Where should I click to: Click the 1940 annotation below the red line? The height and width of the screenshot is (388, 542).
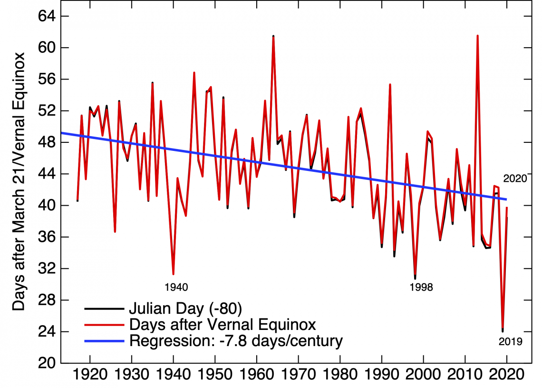pyautogui.click(x=176, y=287)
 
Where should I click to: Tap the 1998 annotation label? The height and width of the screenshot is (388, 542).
pyautogui.click(x=421, y=287)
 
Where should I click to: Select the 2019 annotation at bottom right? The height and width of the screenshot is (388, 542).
pyautogui.click(x=511, y=341)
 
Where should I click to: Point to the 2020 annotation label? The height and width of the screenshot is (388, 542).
pyautogui.click(x=515, y=179)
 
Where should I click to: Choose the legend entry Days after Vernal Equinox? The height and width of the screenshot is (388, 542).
pyautogui.click(x=222, y=325)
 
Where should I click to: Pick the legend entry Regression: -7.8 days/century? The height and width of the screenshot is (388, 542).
pyautogui.click(x=236, y=341)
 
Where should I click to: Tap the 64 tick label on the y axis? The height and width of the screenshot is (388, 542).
pyautogui.click(x=47, y=16)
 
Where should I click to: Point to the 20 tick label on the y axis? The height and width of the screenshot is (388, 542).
pyautogui.click(x=47, y=363)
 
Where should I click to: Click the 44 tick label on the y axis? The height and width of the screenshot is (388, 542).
pyautogui.click(x=47, y=174)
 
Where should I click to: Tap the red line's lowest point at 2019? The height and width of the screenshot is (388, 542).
pyautogui.click(x=503, y=330)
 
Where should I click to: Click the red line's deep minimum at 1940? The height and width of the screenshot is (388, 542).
pyautogui.click(x=174, y=274)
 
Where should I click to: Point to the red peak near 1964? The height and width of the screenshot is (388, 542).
pyautogui.click(x=273, y=37)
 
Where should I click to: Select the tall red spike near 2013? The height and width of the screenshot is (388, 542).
pyautogui.click(x=477, y=36)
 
